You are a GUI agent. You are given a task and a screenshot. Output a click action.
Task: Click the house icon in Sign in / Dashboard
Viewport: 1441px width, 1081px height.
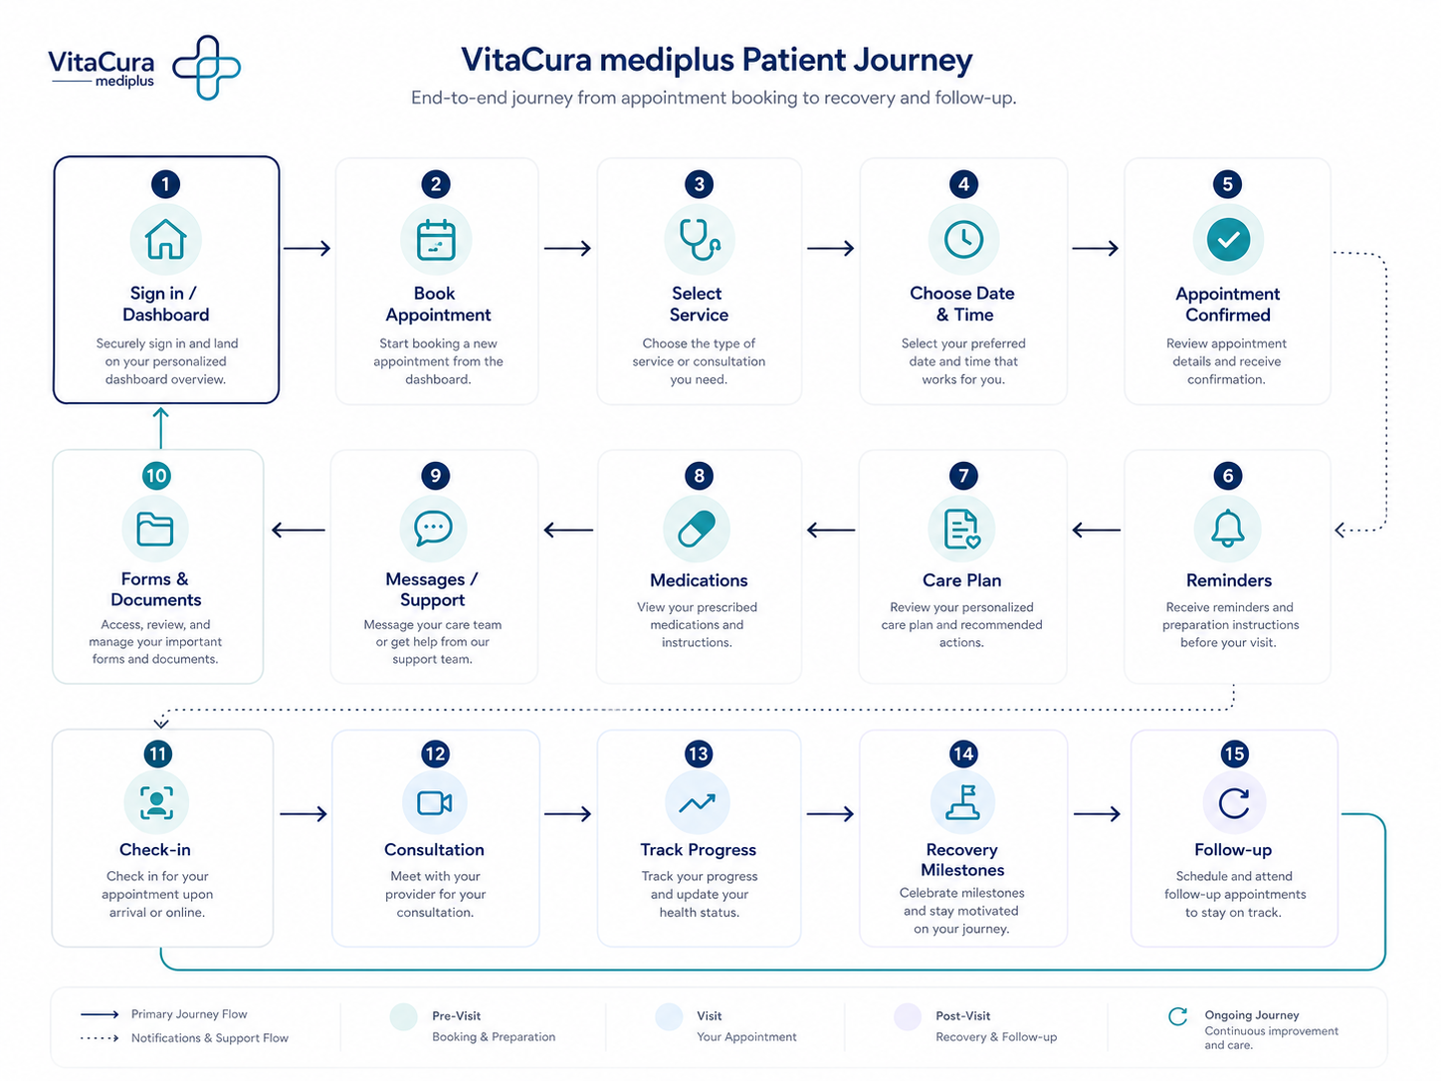[165, 239]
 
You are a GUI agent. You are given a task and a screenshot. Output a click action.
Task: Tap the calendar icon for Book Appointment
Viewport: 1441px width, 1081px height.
[436, 240]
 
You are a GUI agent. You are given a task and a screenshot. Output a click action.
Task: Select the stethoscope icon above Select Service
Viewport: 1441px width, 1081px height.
[700, 240]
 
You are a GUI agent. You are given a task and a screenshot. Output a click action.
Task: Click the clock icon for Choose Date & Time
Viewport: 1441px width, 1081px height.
[963, 239]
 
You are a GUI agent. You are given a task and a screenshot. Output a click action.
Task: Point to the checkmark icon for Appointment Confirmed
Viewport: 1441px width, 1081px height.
[1228, 240]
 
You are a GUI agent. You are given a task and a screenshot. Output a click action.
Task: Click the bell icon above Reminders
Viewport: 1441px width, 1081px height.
[1227, 529]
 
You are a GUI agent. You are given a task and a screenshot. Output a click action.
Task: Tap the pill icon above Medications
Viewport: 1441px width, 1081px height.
[698, 529]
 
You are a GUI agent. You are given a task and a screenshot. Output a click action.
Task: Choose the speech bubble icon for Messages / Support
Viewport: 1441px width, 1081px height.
[433, 529]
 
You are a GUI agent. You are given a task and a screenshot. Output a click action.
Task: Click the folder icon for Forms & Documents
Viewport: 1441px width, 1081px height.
[155, 529]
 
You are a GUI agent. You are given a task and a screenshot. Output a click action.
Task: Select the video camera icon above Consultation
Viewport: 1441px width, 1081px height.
[435, 802]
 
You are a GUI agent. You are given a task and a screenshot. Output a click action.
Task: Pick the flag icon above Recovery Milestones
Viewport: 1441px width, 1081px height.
[962, 802]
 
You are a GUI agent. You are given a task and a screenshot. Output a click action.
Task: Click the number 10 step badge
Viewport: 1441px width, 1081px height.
[156, 475]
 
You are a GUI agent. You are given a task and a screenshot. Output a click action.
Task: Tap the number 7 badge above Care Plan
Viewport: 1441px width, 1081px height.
[963, 475]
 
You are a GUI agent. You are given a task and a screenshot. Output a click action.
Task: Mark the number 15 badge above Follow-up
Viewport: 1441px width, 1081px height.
[1234, 754]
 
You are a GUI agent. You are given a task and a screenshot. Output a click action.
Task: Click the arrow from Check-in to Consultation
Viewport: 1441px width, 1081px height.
[304, 814]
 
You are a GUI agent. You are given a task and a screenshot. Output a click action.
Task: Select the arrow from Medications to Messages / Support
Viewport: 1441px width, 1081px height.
[568, 530]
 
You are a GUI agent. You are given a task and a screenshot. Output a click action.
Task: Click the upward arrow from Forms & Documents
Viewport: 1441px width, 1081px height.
[161, 427]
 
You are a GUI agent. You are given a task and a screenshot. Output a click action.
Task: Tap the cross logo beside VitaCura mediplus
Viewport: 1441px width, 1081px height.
[207, 68]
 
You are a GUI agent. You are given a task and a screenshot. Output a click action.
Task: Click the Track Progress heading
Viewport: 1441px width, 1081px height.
[698, 849]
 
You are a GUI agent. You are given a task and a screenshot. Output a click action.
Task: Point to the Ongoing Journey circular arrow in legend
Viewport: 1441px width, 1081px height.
[1177, 1016]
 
